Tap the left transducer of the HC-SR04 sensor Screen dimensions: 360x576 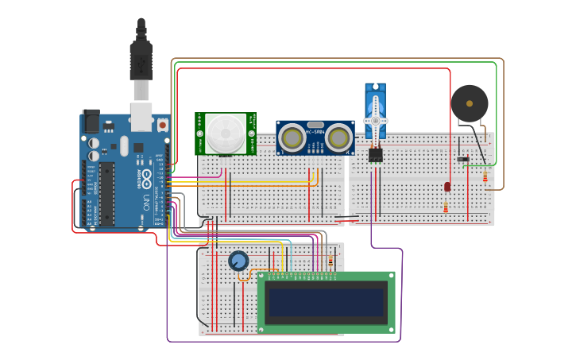[x=292, y=139]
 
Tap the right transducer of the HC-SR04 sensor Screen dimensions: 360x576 [x=338, y=139]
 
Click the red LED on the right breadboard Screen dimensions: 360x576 [x=447, y=186]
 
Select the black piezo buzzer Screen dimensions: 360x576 [x=470, y=103]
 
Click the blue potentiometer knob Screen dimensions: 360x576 [x=238, y=261]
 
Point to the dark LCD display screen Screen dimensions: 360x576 [x=326, y=302]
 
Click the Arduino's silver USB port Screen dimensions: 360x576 [x=141, y=116]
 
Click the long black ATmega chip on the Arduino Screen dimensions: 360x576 [x=106, y=194]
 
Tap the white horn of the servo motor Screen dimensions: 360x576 [x=375, y=119]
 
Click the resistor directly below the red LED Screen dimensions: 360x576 [x=446, y=207]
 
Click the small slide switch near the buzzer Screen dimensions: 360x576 [x=462, y=159]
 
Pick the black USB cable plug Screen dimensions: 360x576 [x=141, y=60]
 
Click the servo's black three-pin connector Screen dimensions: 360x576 [x=375, y=156]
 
